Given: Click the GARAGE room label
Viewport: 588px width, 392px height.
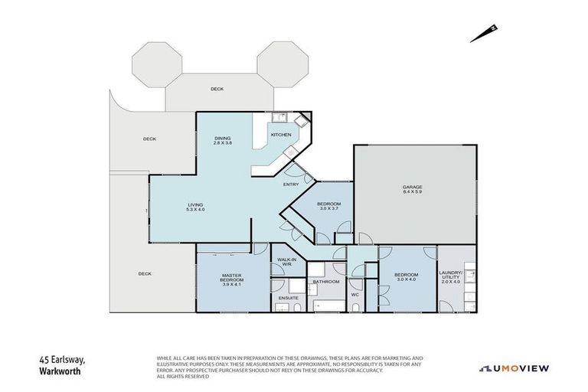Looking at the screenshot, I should [413, 189].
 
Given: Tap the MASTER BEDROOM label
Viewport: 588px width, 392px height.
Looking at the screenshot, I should [232, 278].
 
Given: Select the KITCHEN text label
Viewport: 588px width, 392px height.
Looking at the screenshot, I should [281, 136].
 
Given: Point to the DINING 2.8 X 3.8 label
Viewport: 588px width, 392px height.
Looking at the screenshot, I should [222, 141].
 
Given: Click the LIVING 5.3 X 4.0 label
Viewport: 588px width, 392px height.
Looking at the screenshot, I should [196, 207].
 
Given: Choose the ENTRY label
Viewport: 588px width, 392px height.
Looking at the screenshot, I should [291, 185].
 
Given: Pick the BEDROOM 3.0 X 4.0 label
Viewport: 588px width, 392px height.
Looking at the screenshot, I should [406, 276].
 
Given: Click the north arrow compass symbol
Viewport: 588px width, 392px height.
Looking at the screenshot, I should [485, 32].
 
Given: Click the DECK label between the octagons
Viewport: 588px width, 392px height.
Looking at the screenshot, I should [217, 89].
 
